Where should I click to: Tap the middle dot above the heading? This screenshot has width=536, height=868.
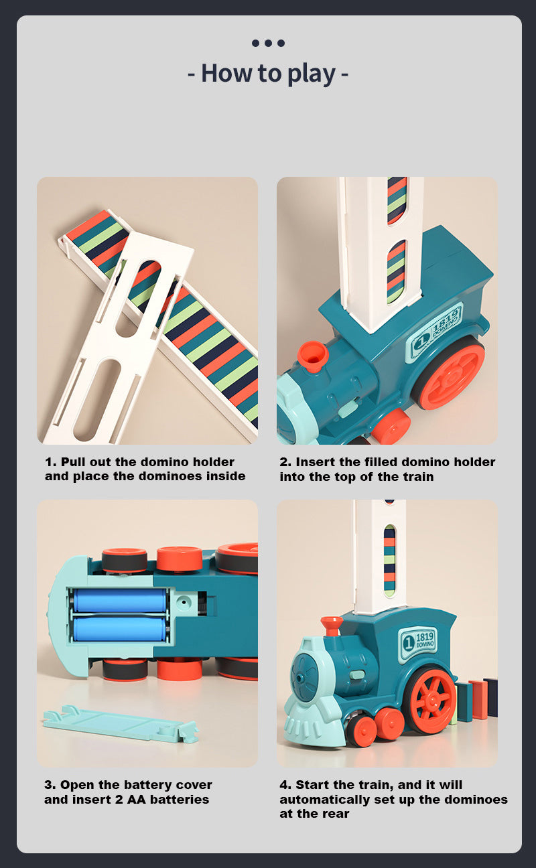[268, 43]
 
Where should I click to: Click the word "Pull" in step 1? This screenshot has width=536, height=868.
[74, 462]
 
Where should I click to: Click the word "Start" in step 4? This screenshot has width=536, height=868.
[313, 785]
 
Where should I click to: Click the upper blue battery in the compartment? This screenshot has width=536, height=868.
[120, 600]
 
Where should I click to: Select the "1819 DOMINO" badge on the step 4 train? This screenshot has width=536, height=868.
[419, 642]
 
